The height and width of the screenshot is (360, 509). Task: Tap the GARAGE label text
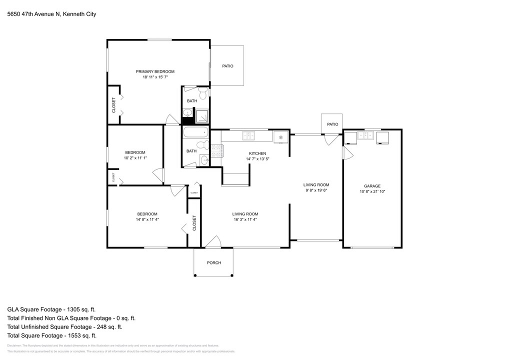(372, 186)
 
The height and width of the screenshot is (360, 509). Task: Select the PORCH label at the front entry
(213, 263)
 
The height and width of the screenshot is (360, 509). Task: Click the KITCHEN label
(257, 153)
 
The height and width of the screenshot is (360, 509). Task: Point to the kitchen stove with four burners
(217, 151)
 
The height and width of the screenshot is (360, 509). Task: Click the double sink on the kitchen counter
(248, 135)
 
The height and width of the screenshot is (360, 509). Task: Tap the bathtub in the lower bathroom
(195, 133)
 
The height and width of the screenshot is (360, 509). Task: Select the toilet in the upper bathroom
(203, 94)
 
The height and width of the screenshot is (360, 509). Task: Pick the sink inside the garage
(367, 135)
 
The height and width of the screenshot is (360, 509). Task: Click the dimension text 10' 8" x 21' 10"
(372, 191)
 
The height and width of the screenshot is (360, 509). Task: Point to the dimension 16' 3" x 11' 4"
(245, 219)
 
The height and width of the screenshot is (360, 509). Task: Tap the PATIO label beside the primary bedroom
(227, 66)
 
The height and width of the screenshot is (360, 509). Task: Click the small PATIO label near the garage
(332, 124)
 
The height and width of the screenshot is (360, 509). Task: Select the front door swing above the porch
(212, 242)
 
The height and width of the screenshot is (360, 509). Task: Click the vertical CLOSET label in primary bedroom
(113, 105)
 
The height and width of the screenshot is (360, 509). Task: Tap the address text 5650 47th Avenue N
(34, 14)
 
